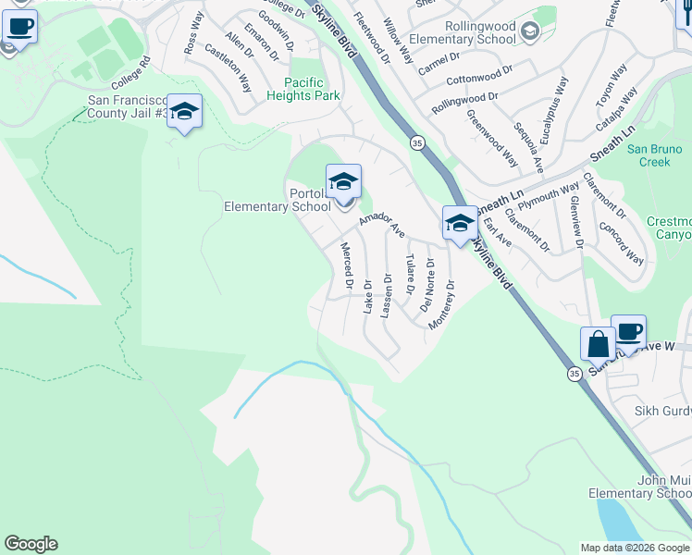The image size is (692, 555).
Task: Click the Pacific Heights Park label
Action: (303, 89)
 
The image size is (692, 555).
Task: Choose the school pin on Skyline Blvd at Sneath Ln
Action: (459, 224)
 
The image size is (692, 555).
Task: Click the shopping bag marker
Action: (599, 344)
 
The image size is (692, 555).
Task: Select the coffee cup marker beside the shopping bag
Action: (629, 332)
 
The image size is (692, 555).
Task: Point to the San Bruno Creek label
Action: (654, 155)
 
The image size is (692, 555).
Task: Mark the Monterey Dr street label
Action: (441, 305)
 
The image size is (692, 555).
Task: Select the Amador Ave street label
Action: (382, 225)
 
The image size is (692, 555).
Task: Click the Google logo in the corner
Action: (31, 544)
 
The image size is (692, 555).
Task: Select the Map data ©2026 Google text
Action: (634, 548)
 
